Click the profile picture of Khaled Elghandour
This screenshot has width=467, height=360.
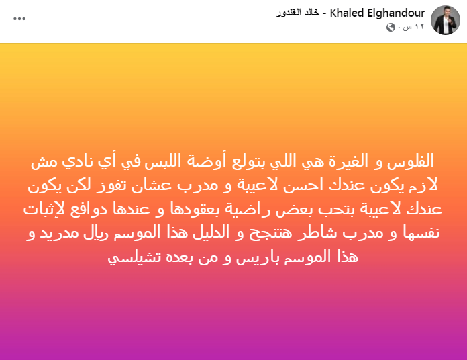point(446,20)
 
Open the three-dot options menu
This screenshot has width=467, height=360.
point(19,19)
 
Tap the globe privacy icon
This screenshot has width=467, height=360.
point(391,28)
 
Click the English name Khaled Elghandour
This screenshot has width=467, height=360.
point(377,13)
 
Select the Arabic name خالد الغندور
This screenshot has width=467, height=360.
point(297,13)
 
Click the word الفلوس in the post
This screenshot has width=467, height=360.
point(410,161)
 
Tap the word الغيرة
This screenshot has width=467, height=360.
point(348,161)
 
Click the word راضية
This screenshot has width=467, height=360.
point(244,209)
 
